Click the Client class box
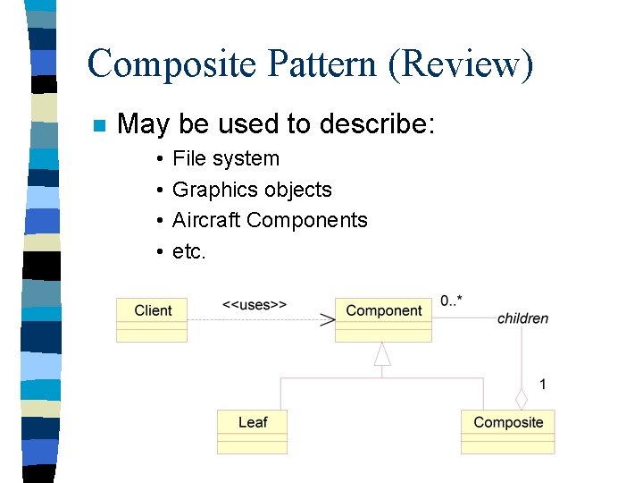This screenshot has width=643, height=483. pyautogui.click(x=152, y=319)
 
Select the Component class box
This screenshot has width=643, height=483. pyautogui.click(x=383, y=319)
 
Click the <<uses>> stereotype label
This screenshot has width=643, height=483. pyautogui.click(x=255, y=304)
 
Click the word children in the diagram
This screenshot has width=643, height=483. pyautogui.click(x=522, y=318)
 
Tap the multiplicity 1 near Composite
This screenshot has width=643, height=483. pyautogui.click(x=543, y=385)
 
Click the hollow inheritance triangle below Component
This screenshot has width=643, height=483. pyautogui.click(x=382, y=354)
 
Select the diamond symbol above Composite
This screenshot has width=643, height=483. pyautogui.click(x=522, y=399)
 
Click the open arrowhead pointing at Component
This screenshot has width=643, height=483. pyautogui.click(x=328, y=319)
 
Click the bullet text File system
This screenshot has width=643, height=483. pyautogui.click(x=225, y=158)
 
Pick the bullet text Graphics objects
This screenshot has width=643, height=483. pyautogui.click(x=252, y=190)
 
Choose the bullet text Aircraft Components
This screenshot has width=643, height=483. pyautogui.click(x=270, y=220)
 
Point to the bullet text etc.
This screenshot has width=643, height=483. pyautogui.click(x=189, y=251)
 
